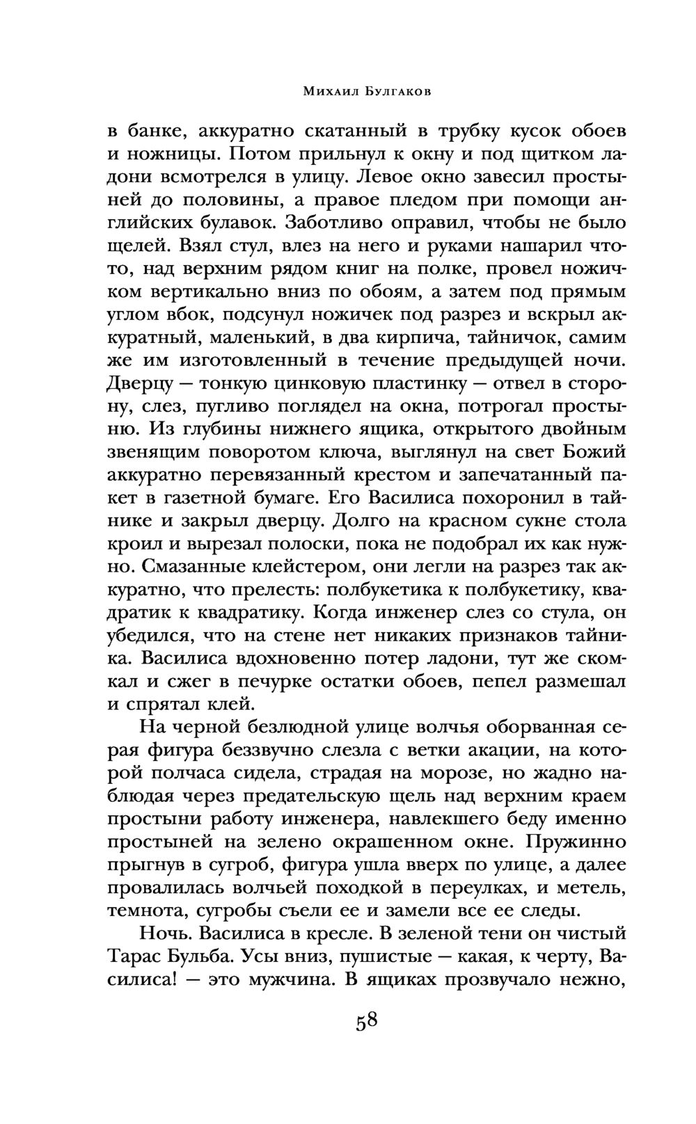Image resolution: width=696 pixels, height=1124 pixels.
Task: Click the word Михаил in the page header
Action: click(314, 92)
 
